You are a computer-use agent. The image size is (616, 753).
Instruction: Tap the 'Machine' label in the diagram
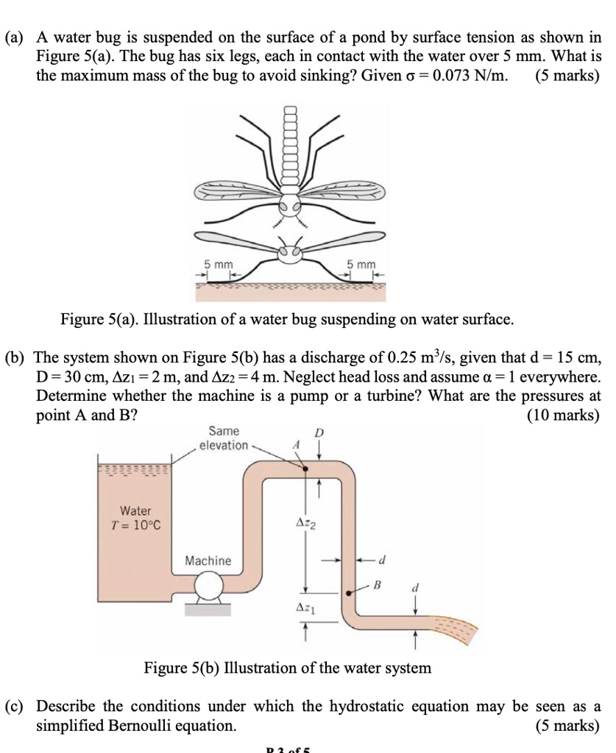pyautogui.click(x=208, y=561)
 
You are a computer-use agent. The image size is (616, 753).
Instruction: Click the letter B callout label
pyautogui.click(x=378, y=586)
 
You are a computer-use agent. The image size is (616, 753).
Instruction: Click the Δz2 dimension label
pyautogui.click(x=305, y=523)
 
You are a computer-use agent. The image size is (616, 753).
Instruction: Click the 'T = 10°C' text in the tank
pyautogui.click(x=135, y=526)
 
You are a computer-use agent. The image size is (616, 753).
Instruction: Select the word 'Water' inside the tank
pyautogui.click(x=135, y=510)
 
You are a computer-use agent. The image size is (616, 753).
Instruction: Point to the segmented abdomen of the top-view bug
pyautogui.click(x=291, y=147)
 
